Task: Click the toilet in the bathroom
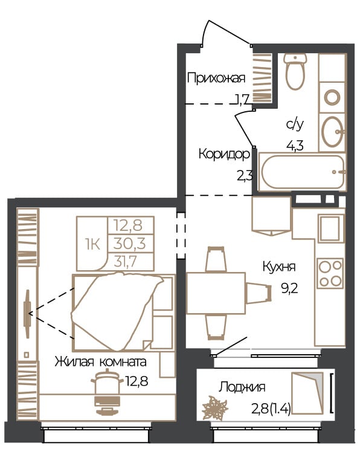pos(295,71)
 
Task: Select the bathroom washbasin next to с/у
pos(333,132)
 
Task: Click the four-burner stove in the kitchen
pos(330,273)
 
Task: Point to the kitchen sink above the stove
pos(331,228)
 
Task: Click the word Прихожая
pos(216,79)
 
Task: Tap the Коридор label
pos(224,154)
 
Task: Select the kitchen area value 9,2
pos(289,288)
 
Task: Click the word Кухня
pos(279,267)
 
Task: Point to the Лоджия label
pos(242,387)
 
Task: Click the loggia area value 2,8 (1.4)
pos(271,409)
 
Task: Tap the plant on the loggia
pos(214,409)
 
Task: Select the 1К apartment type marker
pos(92,244)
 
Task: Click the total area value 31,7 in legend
pos(126,261)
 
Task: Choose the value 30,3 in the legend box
pos(129,244)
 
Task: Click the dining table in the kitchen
pos(216,293)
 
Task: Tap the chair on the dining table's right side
pos(259,293)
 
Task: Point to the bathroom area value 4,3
pos(295,146)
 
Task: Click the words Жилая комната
pos(101,362)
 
